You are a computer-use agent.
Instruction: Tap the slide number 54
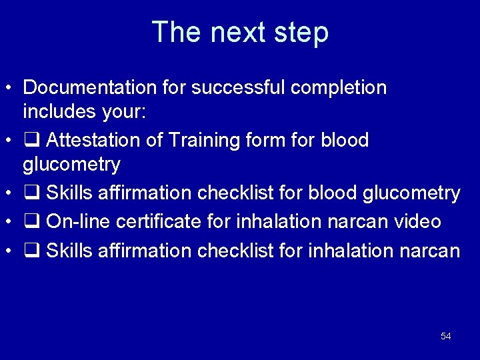(x=445, y=337)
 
